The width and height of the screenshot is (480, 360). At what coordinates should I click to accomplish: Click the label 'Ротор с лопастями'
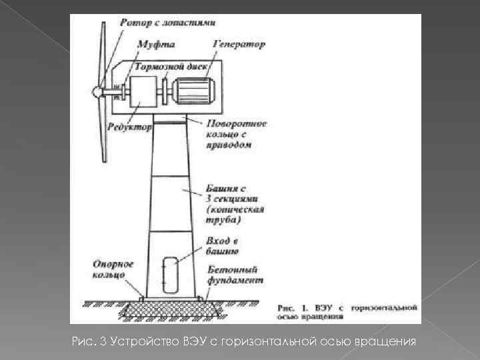[167, 23]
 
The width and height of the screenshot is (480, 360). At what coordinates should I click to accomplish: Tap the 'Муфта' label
[157, 45]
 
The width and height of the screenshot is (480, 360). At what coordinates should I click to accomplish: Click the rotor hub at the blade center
[97, 91]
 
